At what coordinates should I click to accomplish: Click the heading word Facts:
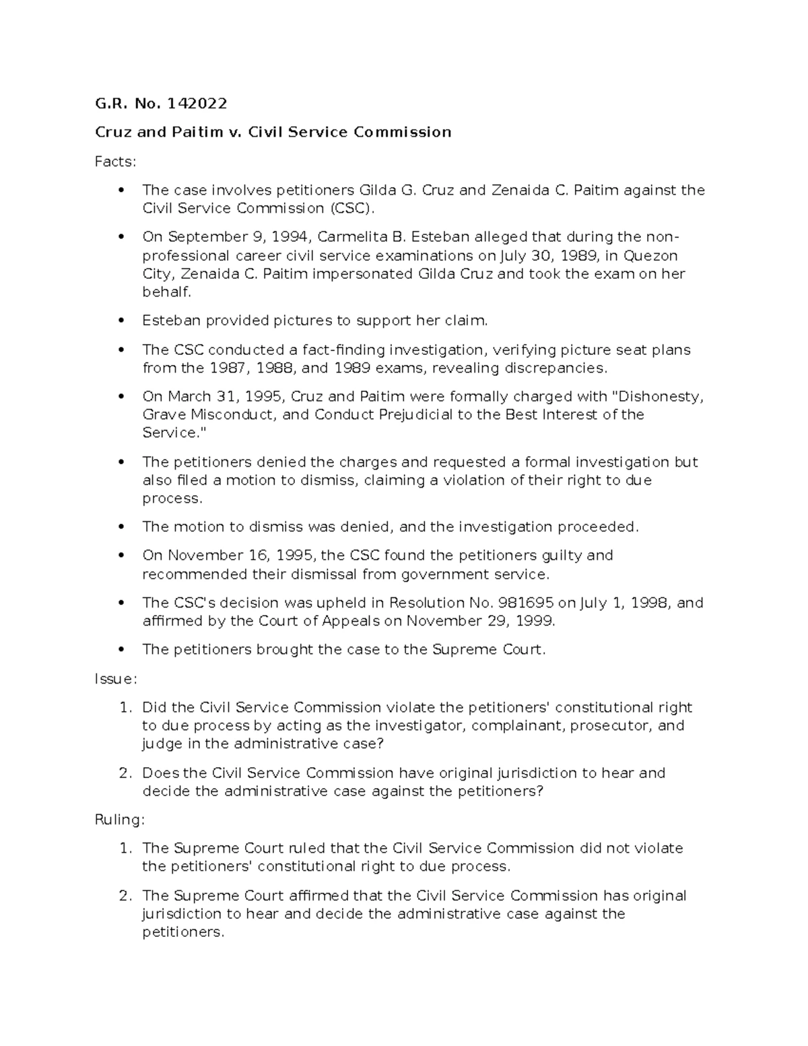click(115, 162)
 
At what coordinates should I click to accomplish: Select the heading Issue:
click(116, 679)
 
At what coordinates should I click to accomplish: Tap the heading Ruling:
click(119, 820)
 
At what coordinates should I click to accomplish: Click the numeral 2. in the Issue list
click(125, 773)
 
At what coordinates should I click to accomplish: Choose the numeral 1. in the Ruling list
click(125, 848)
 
